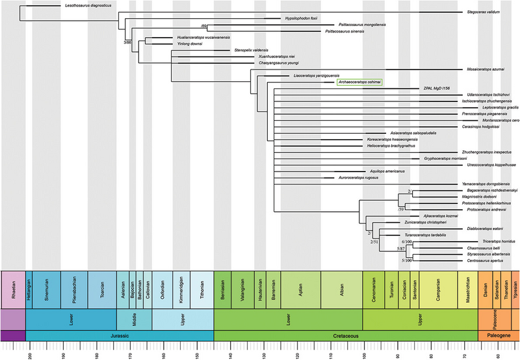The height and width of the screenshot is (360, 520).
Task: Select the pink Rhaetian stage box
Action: click(13, 292)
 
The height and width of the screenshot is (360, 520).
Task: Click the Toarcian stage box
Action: click(103, 292)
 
